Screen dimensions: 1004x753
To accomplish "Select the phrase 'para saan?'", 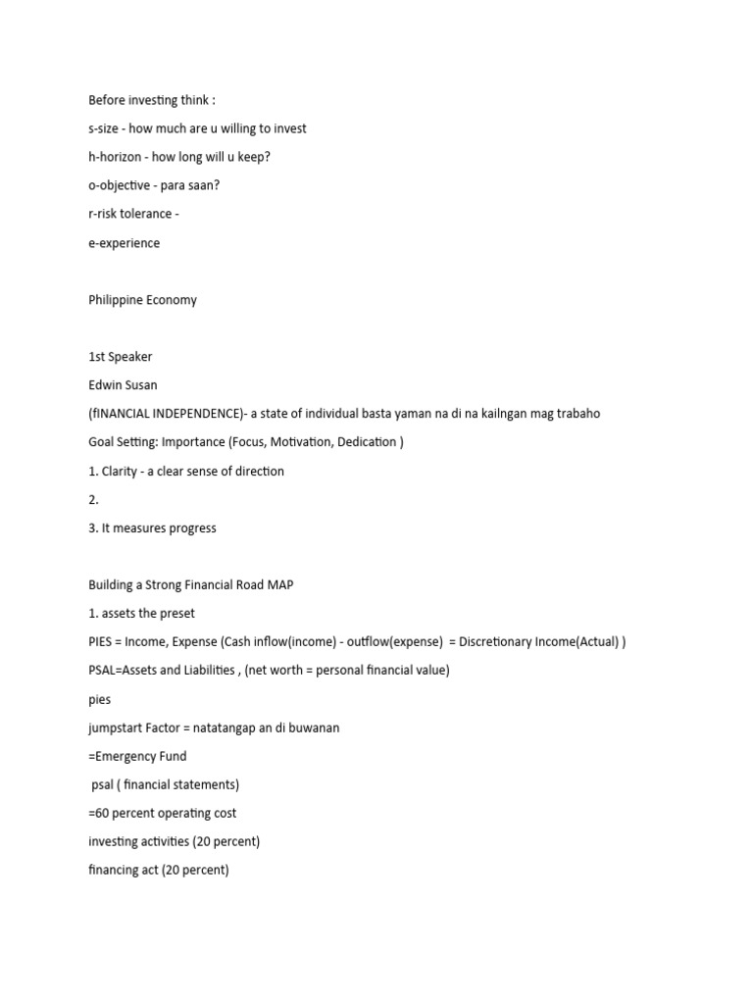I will (x=176, y=186).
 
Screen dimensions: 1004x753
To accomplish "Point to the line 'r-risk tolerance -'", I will (x=133, y=215).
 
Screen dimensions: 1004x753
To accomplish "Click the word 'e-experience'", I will (x=124, y=243).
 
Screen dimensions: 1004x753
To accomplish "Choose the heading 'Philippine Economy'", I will (x=142, y=300).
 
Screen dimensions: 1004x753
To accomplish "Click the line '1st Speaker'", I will (x=121, y=357).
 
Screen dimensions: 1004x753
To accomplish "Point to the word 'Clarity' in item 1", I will (x=122, y=471).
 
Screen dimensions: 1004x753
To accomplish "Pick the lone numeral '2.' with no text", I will (x=94, y=499).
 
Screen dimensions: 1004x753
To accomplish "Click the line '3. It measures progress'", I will (x=152, y=527).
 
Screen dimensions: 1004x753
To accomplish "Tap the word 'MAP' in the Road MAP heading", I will (x=278, y=585).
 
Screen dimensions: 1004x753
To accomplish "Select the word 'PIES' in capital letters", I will (x=102, y=642).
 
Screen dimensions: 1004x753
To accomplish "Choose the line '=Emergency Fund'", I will (x=137, y=756).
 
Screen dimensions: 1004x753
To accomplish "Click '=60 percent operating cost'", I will (x=162, y=813).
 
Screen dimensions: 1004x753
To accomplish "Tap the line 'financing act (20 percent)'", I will (x=158, y=870).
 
